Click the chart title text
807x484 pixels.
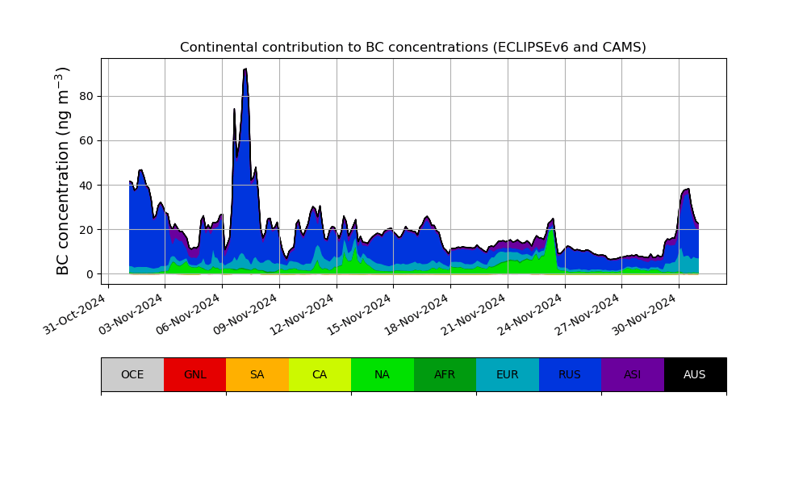click(x=412, y=48)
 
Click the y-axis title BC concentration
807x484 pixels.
click(x=64, y=171)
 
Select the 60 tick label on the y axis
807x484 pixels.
click(x=85, y=140)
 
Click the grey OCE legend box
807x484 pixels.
click(x=132, y=374)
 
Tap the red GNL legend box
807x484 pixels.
click(x=194, y=374)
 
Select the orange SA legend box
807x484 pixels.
click(x=257, y=374)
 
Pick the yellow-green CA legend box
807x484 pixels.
click(x=320, y=374)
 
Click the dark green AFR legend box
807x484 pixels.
click(x=445, y=374)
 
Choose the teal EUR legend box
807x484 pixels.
click(x=508, y=374)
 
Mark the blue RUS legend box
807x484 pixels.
click(x=570, y=374)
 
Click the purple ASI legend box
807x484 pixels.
click(x=633, y=374)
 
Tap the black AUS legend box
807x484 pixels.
click(x=695, y=374)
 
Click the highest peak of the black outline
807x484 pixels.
click(x=245, y=69)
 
